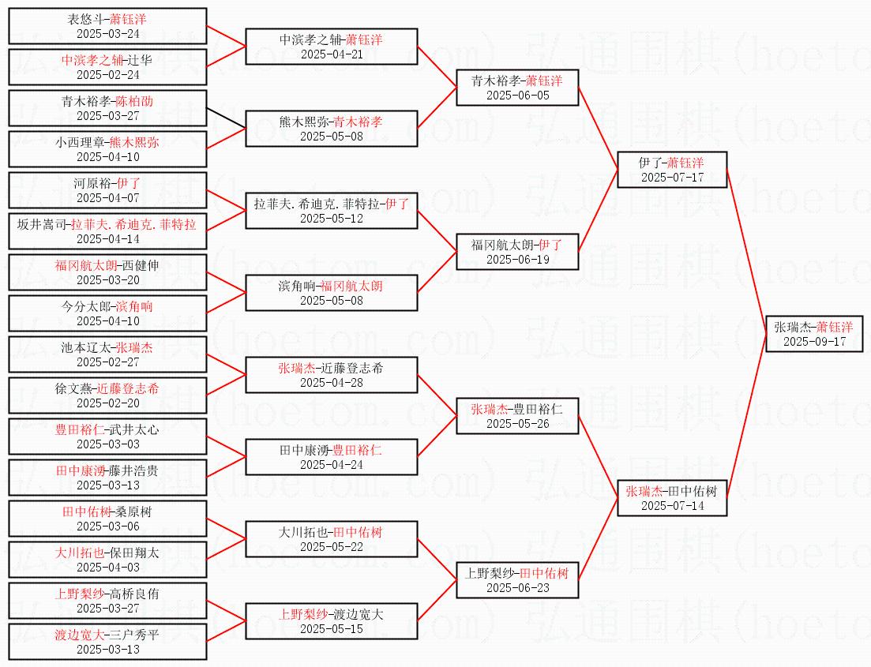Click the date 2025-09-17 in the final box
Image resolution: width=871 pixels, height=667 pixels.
(x=814, y=342)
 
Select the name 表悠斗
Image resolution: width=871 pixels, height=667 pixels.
(x=85, y=18)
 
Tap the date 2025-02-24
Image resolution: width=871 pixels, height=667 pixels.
(x=108, y=74)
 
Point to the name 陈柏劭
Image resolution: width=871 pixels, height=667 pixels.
(x=134, y=101)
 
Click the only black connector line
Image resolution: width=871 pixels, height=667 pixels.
(x=226, y=119)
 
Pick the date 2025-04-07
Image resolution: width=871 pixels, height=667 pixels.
(x=108, y=197)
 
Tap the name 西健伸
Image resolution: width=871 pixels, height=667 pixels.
(x=141, y=265)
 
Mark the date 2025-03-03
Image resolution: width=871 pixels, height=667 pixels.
(x=108, y=444)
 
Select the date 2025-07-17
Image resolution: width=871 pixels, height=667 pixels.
(x=672, y=177)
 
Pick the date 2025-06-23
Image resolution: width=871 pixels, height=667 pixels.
(x=517, y=587)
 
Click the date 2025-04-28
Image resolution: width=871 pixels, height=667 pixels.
(x=331, y=382)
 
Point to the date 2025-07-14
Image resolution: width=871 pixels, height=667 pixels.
(x=672, y=505)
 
